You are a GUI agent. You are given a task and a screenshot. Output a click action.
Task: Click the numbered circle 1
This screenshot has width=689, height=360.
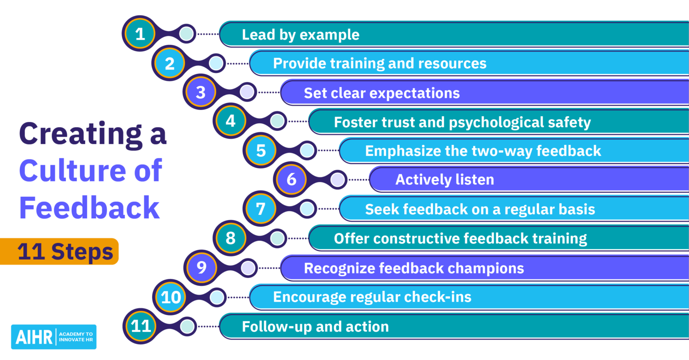pyautogui.click(x=140, y=34)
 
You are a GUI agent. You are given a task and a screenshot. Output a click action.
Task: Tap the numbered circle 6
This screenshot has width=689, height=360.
pyautogui.click(x=291, y=180)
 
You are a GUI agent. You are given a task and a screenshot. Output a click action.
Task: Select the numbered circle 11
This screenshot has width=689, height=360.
pyautogui.click(x=141, y=326)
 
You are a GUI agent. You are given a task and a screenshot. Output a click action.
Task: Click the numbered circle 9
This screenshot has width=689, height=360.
pyautogui.click(x=201, y=268)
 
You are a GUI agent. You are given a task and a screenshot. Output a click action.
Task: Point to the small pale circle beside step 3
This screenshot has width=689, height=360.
pyautogui.click(x=247, y=92)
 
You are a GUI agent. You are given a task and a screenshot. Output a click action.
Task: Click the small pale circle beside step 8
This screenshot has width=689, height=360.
pyautogui.click(x=277, y=239)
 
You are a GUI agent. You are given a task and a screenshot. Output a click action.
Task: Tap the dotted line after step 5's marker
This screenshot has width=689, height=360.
pyautogui.click(x=328, y=151)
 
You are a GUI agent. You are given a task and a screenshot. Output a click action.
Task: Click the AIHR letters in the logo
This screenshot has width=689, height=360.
pyautogui.click(x=34, y=337)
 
